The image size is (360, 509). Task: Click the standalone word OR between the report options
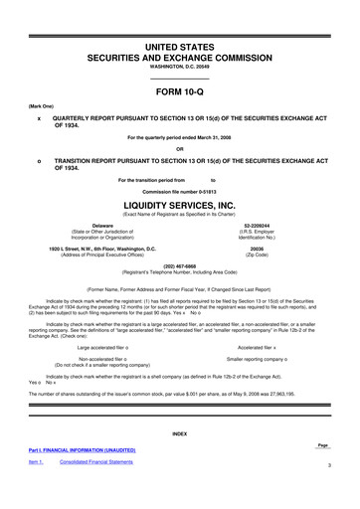pyautogui.click(x=179, y=150)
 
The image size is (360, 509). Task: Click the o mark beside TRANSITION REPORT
pyautogui.click(x=38, y=160)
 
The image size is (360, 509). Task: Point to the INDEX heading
pyautogui.click(x=179, y=435)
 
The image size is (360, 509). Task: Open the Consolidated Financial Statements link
pyautogui.click(x=99, y=463)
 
